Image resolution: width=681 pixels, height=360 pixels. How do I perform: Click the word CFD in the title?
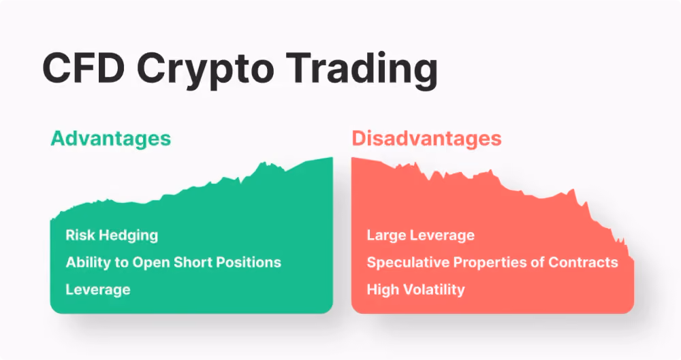[x=84, y=69]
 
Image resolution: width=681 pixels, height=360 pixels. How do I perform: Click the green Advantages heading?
[x=111, y=140]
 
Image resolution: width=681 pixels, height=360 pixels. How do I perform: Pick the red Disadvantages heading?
[x=426, y=139]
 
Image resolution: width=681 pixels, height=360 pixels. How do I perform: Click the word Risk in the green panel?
[x=78, y=235]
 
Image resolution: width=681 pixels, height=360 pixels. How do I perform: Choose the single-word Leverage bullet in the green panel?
[x=98, y=291]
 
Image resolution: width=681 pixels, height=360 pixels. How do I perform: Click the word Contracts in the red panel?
[x=584, y=262]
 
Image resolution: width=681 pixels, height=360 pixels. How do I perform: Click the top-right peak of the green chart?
[x=332, y=158]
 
